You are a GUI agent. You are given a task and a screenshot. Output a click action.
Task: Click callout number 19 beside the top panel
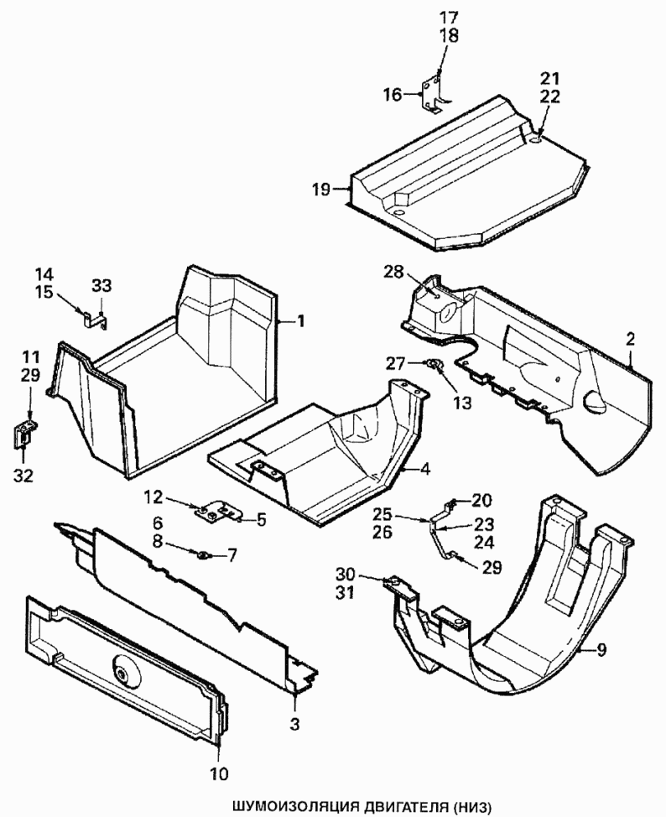pos(320,190)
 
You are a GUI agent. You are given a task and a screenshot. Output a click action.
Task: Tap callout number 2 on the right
pos(629,340)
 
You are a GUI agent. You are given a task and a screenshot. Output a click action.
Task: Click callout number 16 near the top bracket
pos(393,95)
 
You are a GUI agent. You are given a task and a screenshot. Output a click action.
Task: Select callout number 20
pos(481,500)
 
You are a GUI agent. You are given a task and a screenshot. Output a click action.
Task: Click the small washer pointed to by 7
pos(203,554)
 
